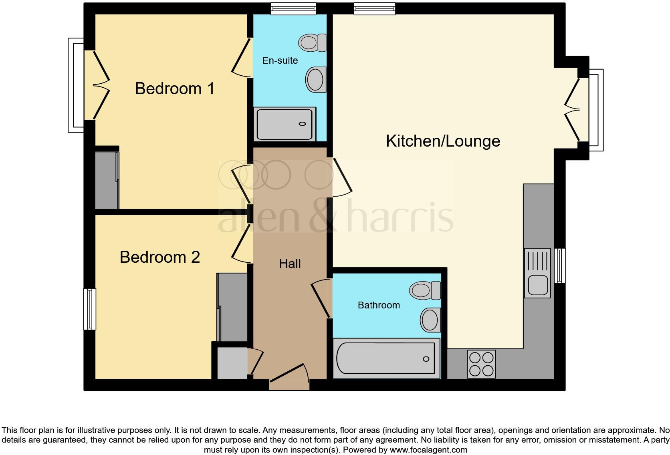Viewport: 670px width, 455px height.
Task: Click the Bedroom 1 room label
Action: coord(175,89)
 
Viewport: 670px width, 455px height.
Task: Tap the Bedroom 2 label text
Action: coord(159,257)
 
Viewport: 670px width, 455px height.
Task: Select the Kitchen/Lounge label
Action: coord(443,141)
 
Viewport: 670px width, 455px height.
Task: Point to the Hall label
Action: coord(290,264)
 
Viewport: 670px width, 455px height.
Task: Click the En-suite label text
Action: coord(280,60)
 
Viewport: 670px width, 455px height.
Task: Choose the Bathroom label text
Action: coord(379,305)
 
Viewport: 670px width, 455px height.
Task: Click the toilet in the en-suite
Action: coord(313,42)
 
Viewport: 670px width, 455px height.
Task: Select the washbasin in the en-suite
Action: coord(315,79)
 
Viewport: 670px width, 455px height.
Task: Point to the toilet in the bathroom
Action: coord(425,290)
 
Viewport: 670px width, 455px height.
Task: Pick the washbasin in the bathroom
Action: coord(430,320)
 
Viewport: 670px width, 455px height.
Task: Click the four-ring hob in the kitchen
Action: coord(481,364)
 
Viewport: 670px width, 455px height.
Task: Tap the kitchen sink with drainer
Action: coord(537,273)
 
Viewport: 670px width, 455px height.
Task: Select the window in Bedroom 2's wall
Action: coord(90,309)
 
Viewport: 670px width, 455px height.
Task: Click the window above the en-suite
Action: coord(293,8)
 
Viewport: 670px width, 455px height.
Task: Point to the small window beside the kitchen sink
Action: coord(560,265)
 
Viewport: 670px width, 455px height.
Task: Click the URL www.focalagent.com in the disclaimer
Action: coord(428,450)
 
